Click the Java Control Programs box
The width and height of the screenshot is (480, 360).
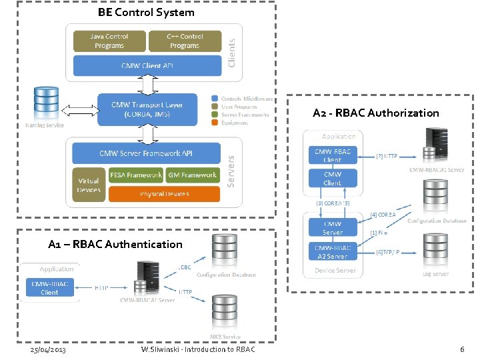coord(109,41)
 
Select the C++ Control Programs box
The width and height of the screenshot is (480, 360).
coord(185,41)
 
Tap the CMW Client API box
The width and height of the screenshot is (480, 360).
coord(147,65)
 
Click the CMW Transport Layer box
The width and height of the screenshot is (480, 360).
coord(147,109)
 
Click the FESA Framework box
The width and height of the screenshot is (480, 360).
coord(135,175)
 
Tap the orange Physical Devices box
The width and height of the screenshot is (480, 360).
coord(164,194)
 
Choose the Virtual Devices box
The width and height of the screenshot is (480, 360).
coord(88,185)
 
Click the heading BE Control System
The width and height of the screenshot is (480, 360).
coord(146,12)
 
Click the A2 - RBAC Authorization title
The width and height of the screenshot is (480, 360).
coord(376,113)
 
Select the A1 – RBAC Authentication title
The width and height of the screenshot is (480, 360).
coord(115,244)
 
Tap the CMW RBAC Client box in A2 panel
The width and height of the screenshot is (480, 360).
coord(332,155)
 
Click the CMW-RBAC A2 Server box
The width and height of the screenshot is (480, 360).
coord(332,252)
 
